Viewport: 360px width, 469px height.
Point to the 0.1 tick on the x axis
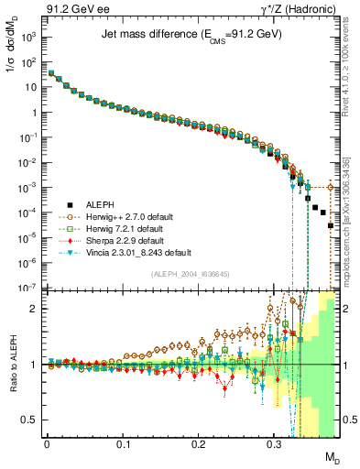click(123, 442)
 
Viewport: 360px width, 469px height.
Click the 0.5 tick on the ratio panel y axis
click(32, 420)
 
